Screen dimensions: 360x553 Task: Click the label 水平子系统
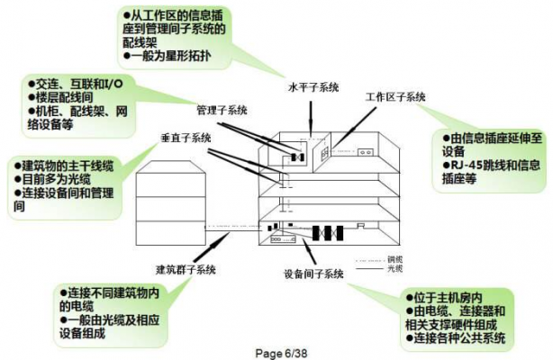pyautogui.click(x=313, y=87)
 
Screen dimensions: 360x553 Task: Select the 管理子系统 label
pyautogui.click(x=221, y=110)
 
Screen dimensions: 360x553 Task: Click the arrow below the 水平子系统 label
pyautogui.click(x=312, y=115)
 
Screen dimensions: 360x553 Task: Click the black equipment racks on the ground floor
pyautogui.click(x=325, y=232)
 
